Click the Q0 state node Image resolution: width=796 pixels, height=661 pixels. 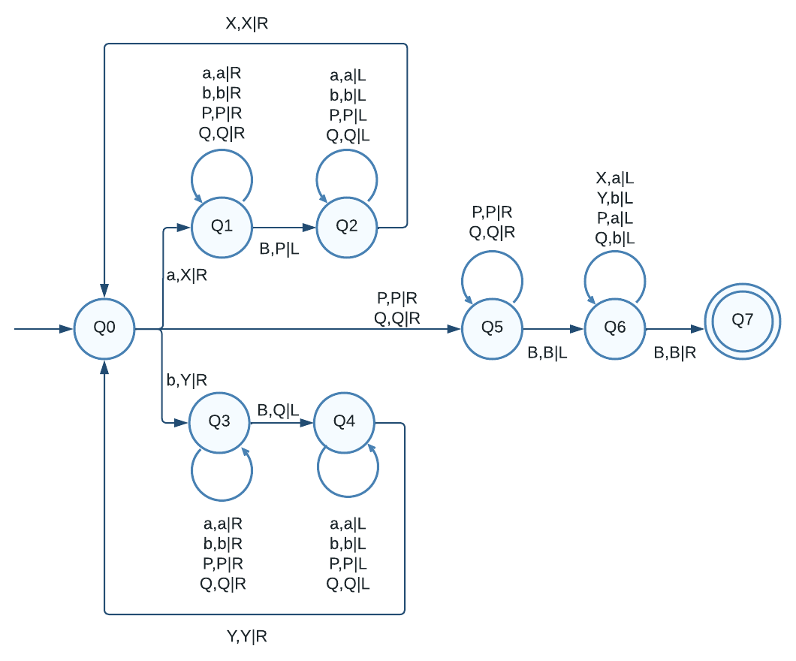[x=104, y=329]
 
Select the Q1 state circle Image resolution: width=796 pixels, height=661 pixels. [x=222, y=226]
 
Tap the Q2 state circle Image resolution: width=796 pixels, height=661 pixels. [x=346, y=226]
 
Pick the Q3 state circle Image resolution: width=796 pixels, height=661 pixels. [x=219, y=423]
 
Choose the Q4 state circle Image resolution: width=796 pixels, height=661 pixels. [x=344, y=423]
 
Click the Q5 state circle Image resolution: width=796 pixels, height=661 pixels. [x=492, y=328]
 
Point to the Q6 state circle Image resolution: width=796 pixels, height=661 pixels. [x=615, y=328]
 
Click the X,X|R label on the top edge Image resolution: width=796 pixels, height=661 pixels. [x=247, y=23]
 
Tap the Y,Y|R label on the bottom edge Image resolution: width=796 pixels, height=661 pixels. [x=247, y=637]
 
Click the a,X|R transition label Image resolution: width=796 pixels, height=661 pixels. [x=186, y=276]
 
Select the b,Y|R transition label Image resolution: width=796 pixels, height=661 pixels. [x=186, y=380]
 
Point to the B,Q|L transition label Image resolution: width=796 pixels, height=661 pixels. [x=279, y=410]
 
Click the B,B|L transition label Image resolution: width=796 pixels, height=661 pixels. [x=547, y=353]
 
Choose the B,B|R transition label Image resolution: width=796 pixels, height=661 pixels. [x=675, y=353]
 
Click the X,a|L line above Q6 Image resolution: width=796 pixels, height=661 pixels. [x=615, y=179]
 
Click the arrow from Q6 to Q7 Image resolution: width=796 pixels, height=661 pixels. [x=674, y=328]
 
